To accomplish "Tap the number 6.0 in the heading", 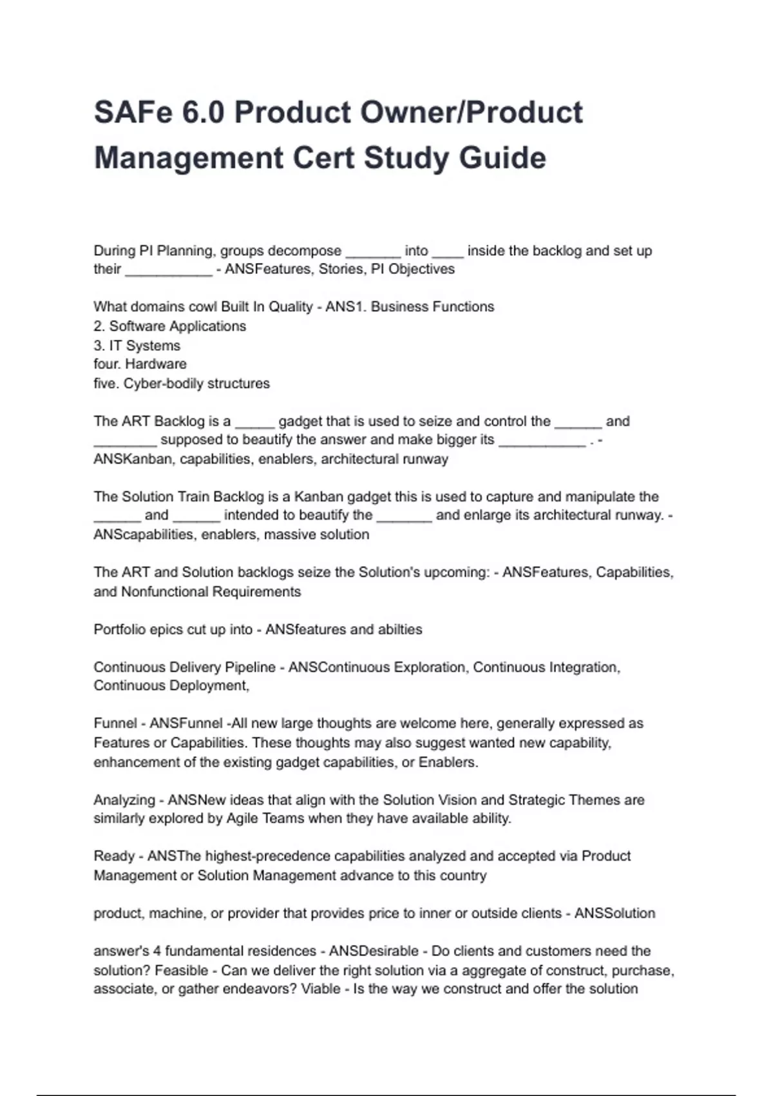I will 203,113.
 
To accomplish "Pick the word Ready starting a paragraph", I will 114,856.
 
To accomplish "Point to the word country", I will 461,876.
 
